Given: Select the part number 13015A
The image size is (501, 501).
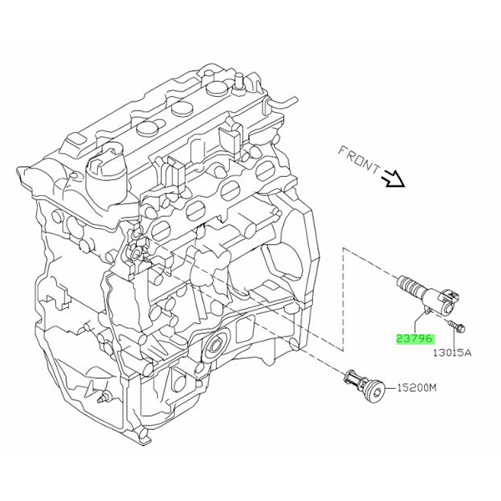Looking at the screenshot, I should pos(452,352).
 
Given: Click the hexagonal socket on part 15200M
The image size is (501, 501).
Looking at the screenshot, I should pos(379,387).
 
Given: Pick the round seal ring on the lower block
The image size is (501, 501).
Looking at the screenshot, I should pos(217,345).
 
